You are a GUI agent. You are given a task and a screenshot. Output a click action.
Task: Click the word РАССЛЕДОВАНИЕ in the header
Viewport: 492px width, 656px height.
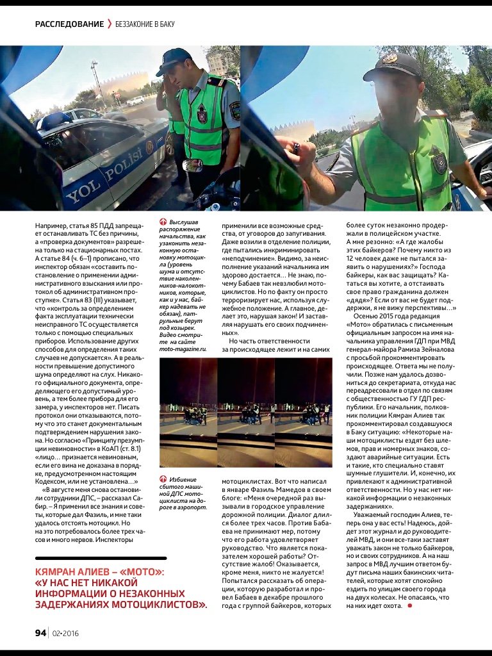point(70,24)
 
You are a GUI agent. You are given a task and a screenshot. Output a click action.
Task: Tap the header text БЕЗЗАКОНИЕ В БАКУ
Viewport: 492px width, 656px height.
point(145,24)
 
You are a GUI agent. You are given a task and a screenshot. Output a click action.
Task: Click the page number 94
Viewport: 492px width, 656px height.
point(40,633)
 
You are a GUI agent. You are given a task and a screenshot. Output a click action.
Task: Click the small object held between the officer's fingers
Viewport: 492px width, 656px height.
point(297,148)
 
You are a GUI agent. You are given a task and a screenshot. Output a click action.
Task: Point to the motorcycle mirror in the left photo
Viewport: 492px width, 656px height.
point(192,165)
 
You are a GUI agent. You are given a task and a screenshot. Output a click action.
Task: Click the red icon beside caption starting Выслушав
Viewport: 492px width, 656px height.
point(163,222)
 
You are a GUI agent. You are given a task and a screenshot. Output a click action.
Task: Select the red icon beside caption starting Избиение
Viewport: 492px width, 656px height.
point(163,479)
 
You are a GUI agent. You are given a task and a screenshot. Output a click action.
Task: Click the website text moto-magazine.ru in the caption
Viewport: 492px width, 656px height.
point(183,349)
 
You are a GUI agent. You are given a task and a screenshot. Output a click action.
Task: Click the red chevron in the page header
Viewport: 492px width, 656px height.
point(110,24)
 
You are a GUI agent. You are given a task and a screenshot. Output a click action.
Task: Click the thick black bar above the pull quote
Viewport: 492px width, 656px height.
point(99,558)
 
